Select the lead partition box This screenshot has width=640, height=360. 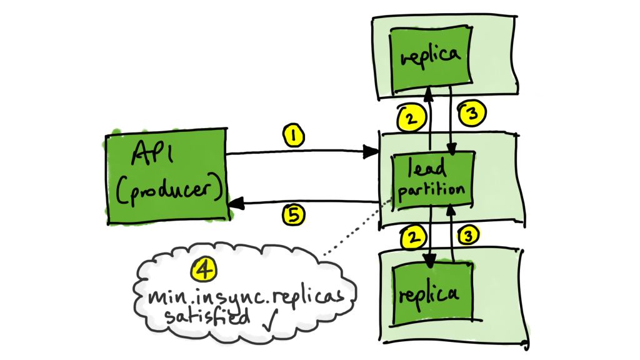pyautogui.click(x=429, y=181)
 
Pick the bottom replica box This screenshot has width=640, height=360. pyautogui.click(x=430, y=292)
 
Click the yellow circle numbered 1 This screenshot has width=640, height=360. pyautogui.click(x=292, y=134)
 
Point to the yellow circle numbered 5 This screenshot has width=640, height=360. pyautogui.click(x=292, y=215)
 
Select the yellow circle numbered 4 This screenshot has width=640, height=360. pyautogui.click(x=202, y=269)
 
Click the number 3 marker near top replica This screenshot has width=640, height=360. pyautogui.click(x=469, y=114)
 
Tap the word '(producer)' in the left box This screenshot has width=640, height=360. pyautogui.click(x=168, y=191)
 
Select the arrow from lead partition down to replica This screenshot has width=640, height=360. pyautogui.click(x=429, y=237)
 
